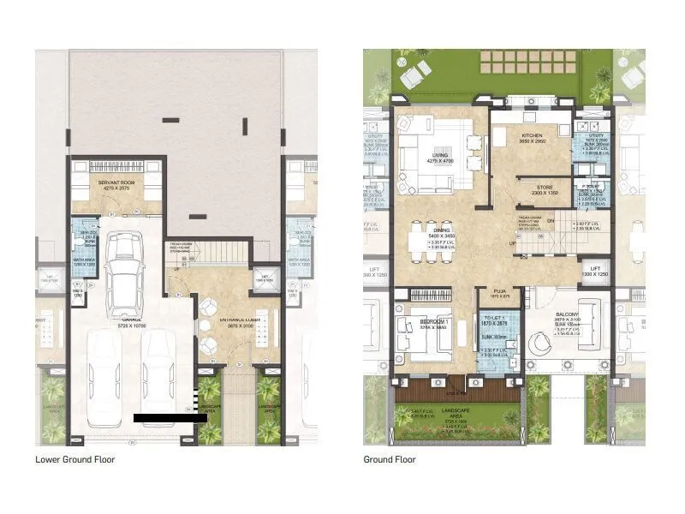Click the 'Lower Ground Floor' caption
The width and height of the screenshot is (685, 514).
pos(74,459)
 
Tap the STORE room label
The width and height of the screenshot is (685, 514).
pos(533,189)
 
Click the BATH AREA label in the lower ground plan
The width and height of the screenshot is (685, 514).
pos(83,262)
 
